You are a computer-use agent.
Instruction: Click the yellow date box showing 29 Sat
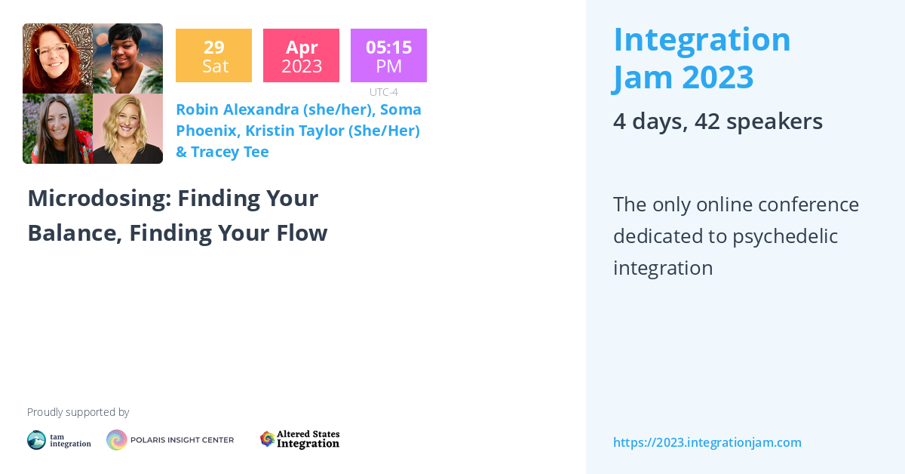coord(213,56)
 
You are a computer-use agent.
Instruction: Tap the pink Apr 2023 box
coord(301,56)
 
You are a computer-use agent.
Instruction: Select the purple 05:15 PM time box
coord(388,56)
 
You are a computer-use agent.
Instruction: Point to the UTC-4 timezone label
coord(384,92)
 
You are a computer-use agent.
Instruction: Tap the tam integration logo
coord(59,440)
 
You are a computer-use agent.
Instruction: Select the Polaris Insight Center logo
coord(170,440)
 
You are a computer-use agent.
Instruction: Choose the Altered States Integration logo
coord(299,439)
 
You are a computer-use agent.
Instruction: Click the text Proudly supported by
coord(78,412)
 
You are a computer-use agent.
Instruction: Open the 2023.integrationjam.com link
coord(707,442)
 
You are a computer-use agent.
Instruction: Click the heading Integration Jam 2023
coord(701,58)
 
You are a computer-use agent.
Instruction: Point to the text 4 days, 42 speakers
coord(717,122)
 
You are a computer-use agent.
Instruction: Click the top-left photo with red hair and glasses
coord(57,59)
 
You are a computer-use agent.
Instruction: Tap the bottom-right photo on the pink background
coord(127,129)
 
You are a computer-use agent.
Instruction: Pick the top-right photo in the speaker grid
coord(127,59)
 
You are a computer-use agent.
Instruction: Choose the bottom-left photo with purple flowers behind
coord(57,129)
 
